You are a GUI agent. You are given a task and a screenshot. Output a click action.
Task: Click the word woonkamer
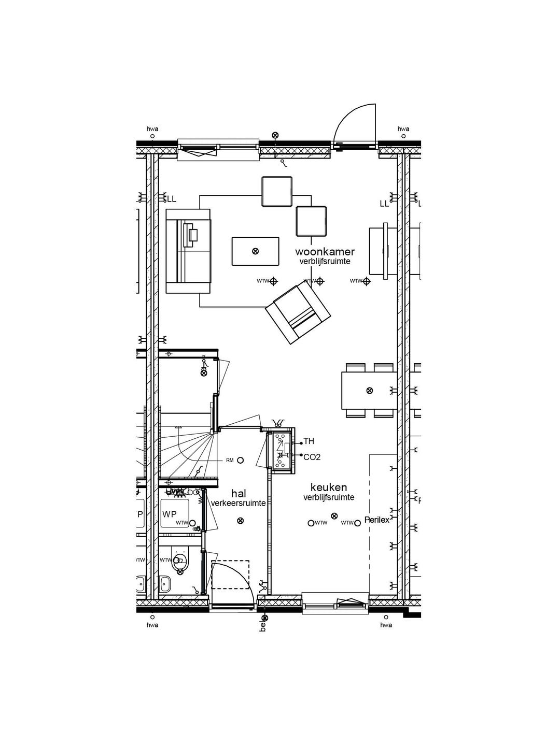click(325, 252)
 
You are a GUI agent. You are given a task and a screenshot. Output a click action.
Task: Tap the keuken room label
click(329, 487)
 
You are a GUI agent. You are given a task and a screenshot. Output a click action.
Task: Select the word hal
click(239, 494)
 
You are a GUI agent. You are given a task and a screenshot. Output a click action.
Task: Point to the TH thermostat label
click(309, 441)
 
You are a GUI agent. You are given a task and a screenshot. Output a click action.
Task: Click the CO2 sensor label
click(312, 457)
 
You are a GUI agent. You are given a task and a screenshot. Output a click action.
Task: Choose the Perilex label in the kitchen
click(376, 520)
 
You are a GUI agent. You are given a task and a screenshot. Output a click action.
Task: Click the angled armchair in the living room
click(298, 312)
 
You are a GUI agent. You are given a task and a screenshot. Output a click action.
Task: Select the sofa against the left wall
click(188, 251)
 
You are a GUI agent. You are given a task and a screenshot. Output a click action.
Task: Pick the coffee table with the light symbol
click(255, 251)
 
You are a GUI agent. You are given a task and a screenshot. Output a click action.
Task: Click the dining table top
click(369, 390)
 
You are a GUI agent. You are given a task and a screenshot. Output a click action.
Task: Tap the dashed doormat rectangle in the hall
click(230, 574)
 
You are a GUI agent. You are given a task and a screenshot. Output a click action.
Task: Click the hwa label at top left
click(152, 129)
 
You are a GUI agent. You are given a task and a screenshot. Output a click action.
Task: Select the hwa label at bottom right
click(386, 625)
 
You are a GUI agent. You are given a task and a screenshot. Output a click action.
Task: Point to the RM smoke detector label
click(230, 460)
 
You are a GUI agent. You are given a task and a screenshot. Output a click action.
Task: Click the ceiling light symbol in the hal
click(240, 521)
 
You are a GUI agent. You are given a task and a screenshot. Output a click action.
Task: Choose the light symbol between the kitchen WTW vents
click(334, 516)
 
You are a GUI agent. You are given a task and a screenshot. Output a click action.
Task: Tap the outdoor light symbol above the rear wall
click(275, 135)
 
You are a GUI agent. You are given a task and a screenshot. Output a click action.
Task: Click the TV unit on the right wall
click(383, 251)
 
